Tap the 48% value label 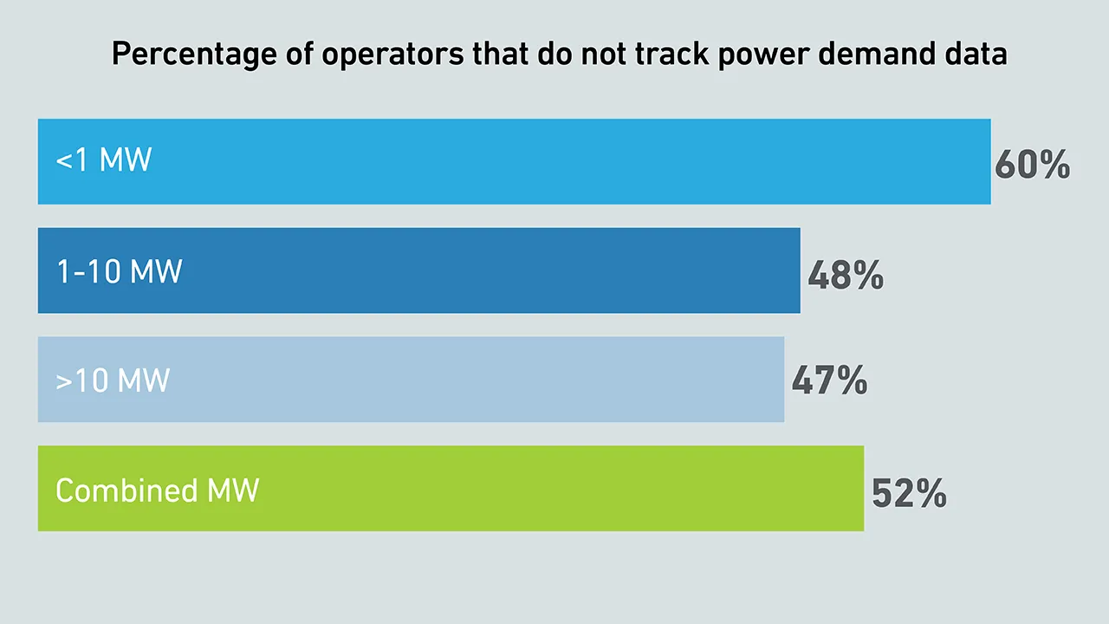(x=845, y=276)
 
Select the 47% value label (x=829, y=381)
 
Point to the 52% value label (x=909, y=493)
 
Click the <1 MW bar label (x=104, y=160)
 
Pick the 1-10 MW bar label (x=119, y=272)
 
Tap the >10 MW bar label (x=113, y=380)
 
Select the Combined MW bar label (x=157, y=491)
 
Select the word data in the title (x=980, y=55)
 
